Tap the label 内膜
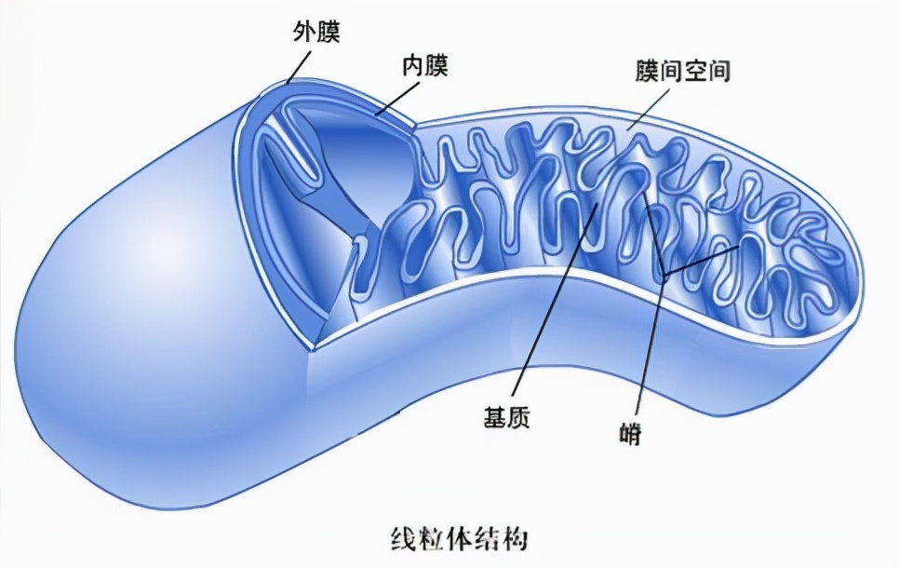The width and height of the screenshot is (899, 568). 424,67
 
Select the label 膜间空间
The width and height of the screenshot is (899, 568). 676,73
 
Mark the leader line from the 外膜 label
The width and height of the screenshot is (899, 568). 299,65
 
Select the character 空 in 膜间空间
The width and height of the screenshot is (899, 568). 690,73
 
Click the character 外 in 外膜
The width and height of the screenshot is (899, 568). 302,34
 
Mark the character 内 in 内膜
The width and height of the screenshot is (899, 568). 411,67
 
